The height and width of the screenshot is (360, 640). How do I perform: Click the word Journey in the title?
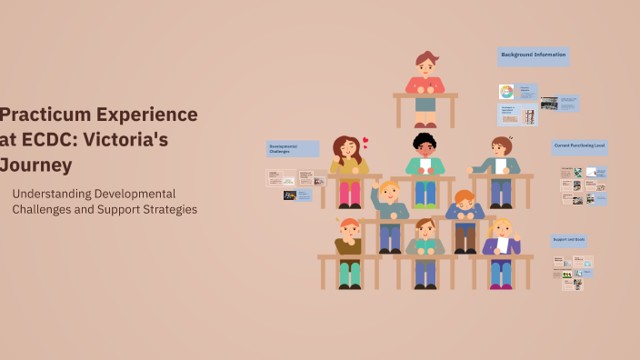(36, 165)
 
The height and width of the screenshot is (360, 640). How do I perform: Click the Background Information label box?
(534, 55)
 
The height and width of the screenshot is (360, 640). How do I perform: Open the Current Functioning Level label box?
(580, 145)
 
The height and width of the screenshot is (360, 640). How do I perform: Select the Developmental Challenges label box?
(292, 148)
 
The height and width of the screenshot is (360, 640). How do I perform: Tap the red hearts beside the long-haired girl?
(365, 143)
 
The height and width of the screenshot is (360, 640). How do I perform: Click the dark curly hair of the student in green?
(425, 140)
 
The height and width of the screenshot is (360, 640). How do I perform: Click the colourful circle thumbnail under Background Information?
(506, 91)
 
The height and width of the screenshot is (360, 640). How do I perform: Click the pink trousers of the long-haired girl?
(350, 193)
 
